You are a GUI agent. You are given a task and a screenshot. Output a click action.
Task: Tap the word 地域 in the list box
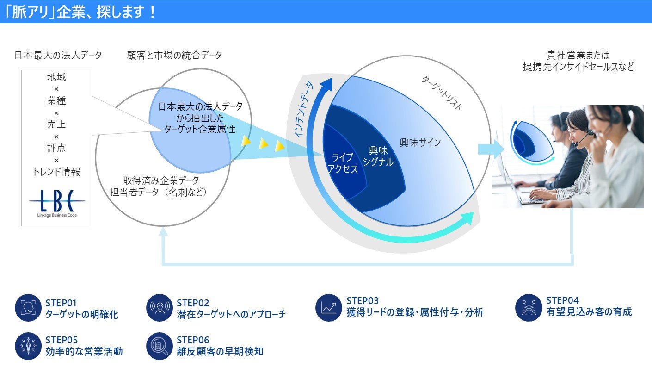tap(56, 77)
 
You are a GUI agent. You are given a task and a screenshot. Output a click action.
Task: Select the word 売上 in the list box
tap(56, 124)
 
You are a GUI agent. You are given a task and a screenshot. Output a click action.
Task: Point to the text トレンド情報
tap(56, 172)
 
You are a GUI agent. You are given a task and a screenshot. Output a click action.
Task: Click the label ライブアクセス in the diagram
tap(343, 163)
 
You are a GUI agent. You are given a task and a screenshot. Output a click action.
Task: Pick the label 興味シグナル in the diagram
tap(378, 156)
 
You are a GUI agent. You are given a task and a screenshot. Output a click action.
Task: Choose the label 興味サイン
tap(420, 143)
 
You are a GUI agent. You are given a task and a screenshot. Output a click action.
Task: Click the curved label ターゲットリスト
tap(441, 93)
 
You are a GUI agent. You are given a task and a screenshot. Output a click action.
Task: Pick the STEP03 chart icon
tap(329, 308)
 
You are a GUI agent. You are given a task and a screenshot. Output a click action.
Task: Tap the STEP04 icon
tap(529, 307)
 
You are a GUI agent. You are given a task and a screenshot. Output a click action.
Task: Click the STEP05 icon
tap(28, 346)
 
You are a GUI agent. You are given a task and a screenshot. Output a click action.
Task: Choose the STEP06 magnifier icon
tap(159, 346)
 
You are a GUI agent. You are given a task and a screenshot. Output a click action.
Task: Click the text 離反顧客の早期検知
tap(220, 352)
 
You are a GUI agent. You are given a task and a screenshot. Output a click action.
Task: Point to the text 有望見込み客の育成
tap(589, 312)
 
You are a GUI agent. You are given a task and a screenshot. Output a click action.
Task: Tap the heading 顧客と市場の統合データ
tap(174, 56)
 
